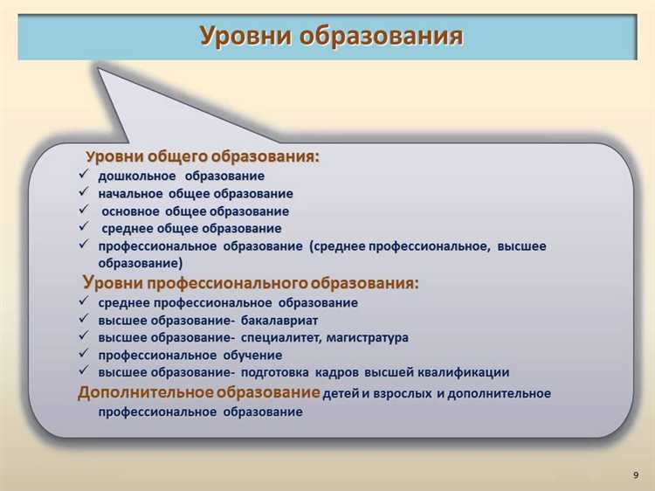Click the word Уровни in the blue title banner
[246, 36]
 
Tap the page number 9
[634, 474]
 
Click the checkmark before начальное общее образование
[83, 193]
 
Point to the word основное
[131, 211]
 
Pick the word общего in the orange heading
[179, 156]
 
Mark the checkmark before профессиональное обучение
[83, 355]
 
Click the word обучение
[252, 356]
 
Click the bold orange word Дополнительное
[144, 392]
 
